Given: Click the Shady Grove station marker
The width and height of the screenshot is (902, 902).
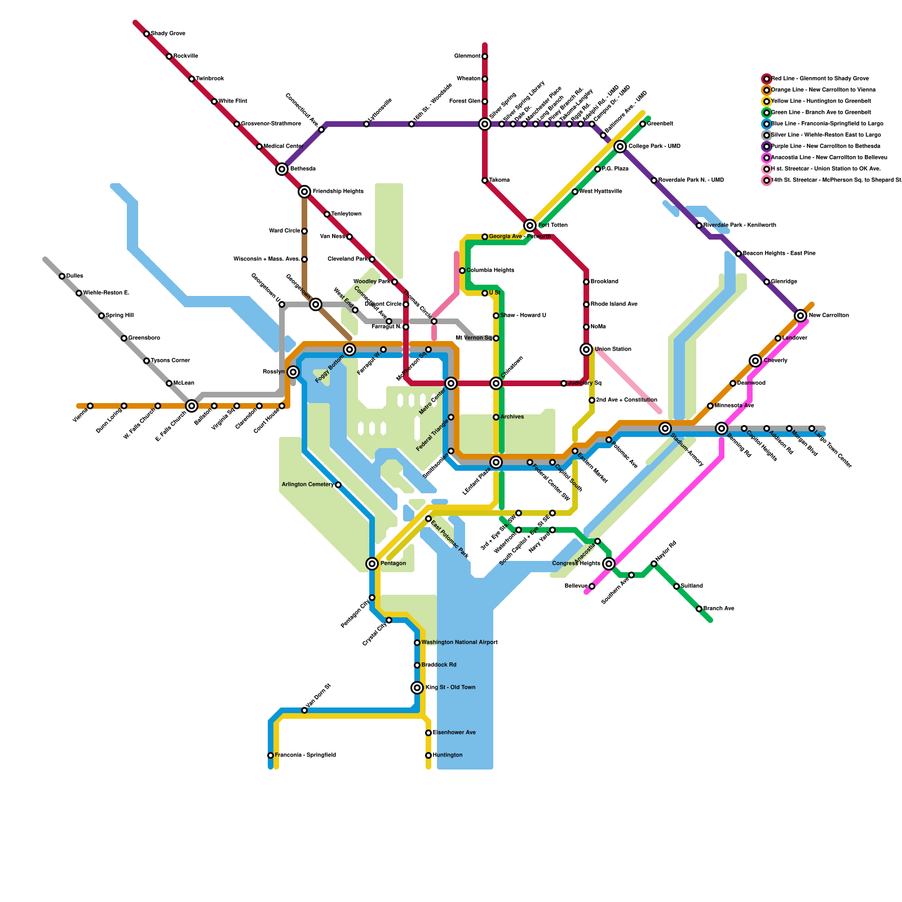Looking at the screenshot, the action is (x=147, y=34).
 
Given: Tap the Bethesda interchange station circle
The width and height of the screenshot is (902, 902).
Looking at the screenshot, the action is (x=282, y=169).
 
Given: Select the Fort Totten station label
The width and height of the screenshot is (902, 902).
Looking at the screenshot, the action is (x=552, y=225).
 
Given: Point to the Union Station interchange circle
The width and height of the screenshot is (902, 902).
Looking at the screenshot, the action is (x=586, y=350).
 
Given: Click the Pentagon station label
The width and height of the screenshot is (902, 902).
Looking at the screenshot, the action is (x=393, y=564).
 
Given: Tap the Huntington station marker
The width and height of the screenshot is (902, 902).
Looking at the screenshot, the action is (x=428, y=755).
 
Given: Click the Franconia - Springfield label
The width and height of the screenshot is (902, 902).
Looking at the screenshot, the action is (x=305, y=755).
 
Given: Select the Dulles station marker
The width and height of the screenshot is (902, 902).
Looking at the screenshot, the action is (x=62, y=276).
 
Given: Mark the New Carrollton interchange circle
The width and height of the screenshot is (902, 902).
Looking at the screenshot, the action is (x=801, y=316).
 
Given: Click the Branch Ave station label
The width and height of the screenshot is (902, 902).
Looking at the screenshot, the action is (x=719, y=609).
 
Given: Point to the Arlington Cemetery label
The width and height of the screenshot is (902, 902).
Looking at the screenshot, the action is (x=307, y=485).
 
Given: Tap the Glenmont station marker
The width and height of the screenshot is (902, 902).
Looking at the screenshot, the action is (x=485, y=56).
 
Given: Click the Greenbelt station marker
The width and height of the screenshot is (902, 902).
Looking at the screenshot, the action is (x=643, y=124).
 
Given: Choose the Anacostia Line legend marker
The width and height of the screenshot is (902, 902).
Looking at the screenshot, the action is (x=767, y=158).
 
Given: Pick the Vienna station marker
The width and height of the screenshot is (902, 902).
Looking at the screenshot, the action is (x=90, y=406).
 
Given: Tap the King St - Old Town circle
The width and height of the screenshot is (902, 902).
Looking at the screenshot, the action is (x=417, y=688).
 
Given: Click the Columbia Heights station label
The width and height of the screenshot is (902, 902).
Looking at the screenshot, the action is (x=490, y=271).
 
